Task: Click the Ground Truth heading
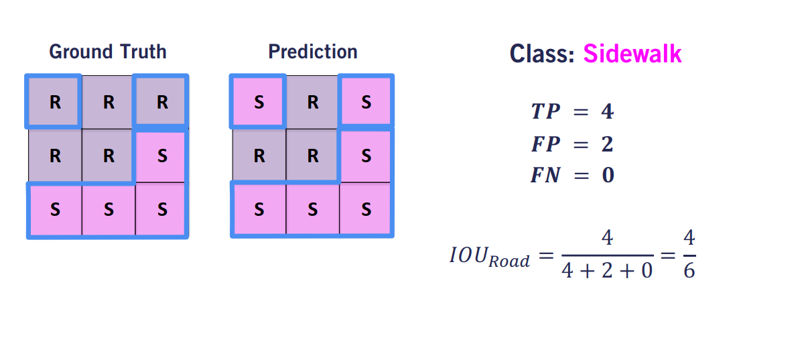click(108, 52)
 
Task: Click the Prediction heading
click(312, 52)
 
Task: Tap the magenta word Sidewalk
click(632, 54)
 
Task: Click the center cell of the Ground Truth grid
click(109, 156)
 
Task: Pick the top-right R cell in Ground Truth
click(161, 103)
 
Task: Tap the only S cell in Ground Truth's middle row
click(161, 156)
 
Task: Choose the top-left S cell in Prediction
click(259, 103)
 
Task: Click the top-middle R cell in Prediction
click(312, 103)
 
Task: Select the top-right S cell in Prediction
click(366, 103)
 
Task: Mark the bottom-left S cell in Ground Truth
click(55, 209)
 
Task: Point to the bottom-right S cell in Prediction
click(366, 209)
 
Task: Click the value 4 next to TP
click(607, 112)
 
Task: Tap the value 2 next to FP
click(607, 144)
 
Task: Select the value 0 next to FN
click(608, 176)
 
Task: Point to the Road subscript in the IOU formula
click(509, 262)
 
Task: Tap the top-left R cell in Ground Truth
click(55, 103)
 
